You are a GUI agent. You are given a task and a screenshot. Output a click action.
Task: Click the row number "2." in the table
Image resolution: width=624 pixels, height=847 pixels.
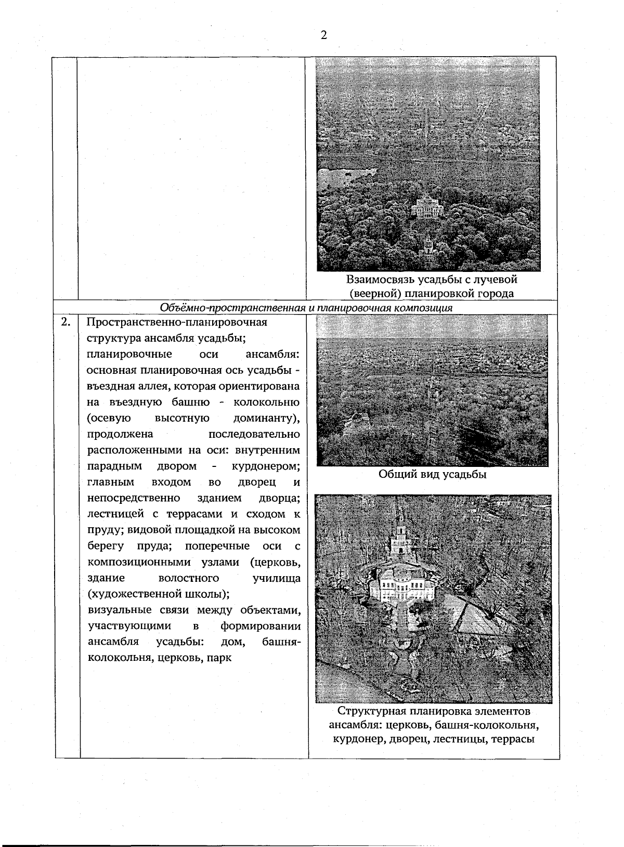click(x=66, y=322)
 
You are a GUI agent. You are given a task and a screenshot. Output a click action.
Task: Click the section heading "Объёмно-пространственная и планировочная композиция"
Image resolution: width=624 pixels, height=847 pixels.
click(x=306, y=307)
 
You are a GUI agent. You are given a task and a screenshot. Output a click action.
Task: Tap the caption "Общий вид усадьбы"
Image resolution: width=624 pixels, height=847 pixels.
click(x=432, y=474)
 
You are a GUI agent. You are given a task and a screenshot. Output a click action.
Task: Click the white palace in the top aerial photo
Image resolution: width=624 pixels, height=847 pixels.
click(x=427, y=206)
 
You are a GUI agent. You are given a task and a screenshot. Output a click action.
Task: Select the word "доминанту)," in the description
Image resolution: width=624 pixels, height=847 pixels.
click(x=266, y=418)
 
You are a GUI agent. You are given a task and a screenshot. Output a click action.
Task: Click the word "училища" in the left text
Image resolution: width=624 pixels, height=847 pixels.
click(x=276, y=578)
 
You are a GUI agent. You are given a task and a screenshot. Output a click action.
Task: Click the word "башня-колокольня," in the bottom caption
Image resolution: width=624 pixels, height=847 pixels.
click(x=488, y=725)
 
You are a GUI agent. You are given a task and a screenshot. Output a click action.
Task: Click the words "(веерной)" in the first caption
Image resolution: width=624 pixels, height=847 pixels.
click(x=373, y=294)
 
